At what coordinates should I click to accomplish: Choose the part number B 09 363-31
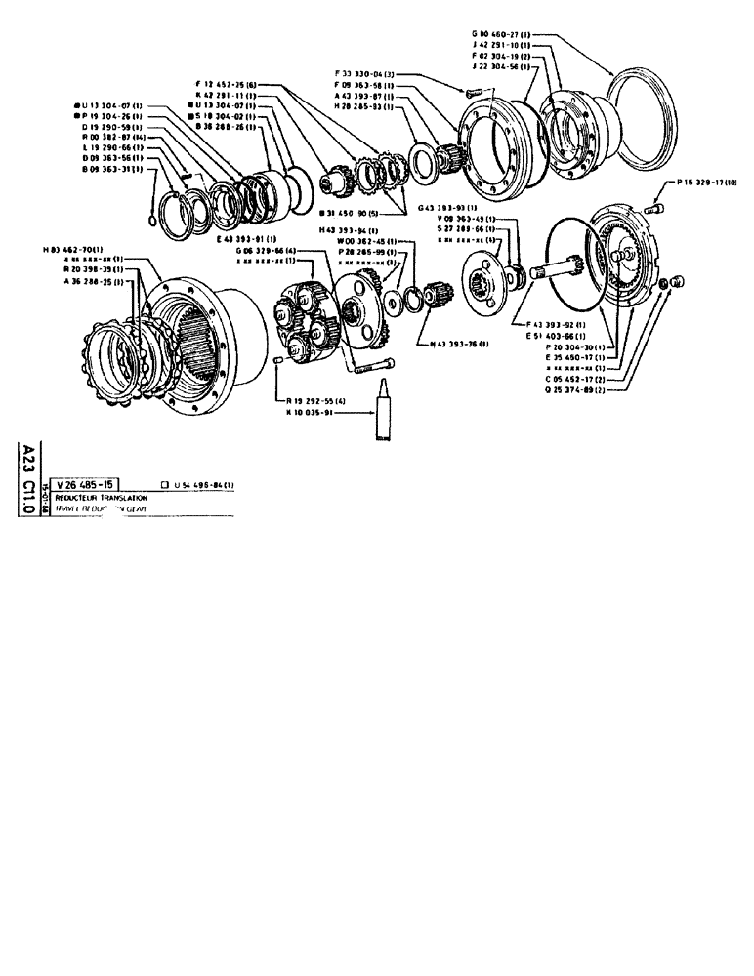(110, 170)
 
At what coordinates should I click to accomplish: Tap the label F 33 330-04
(368, 73)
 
